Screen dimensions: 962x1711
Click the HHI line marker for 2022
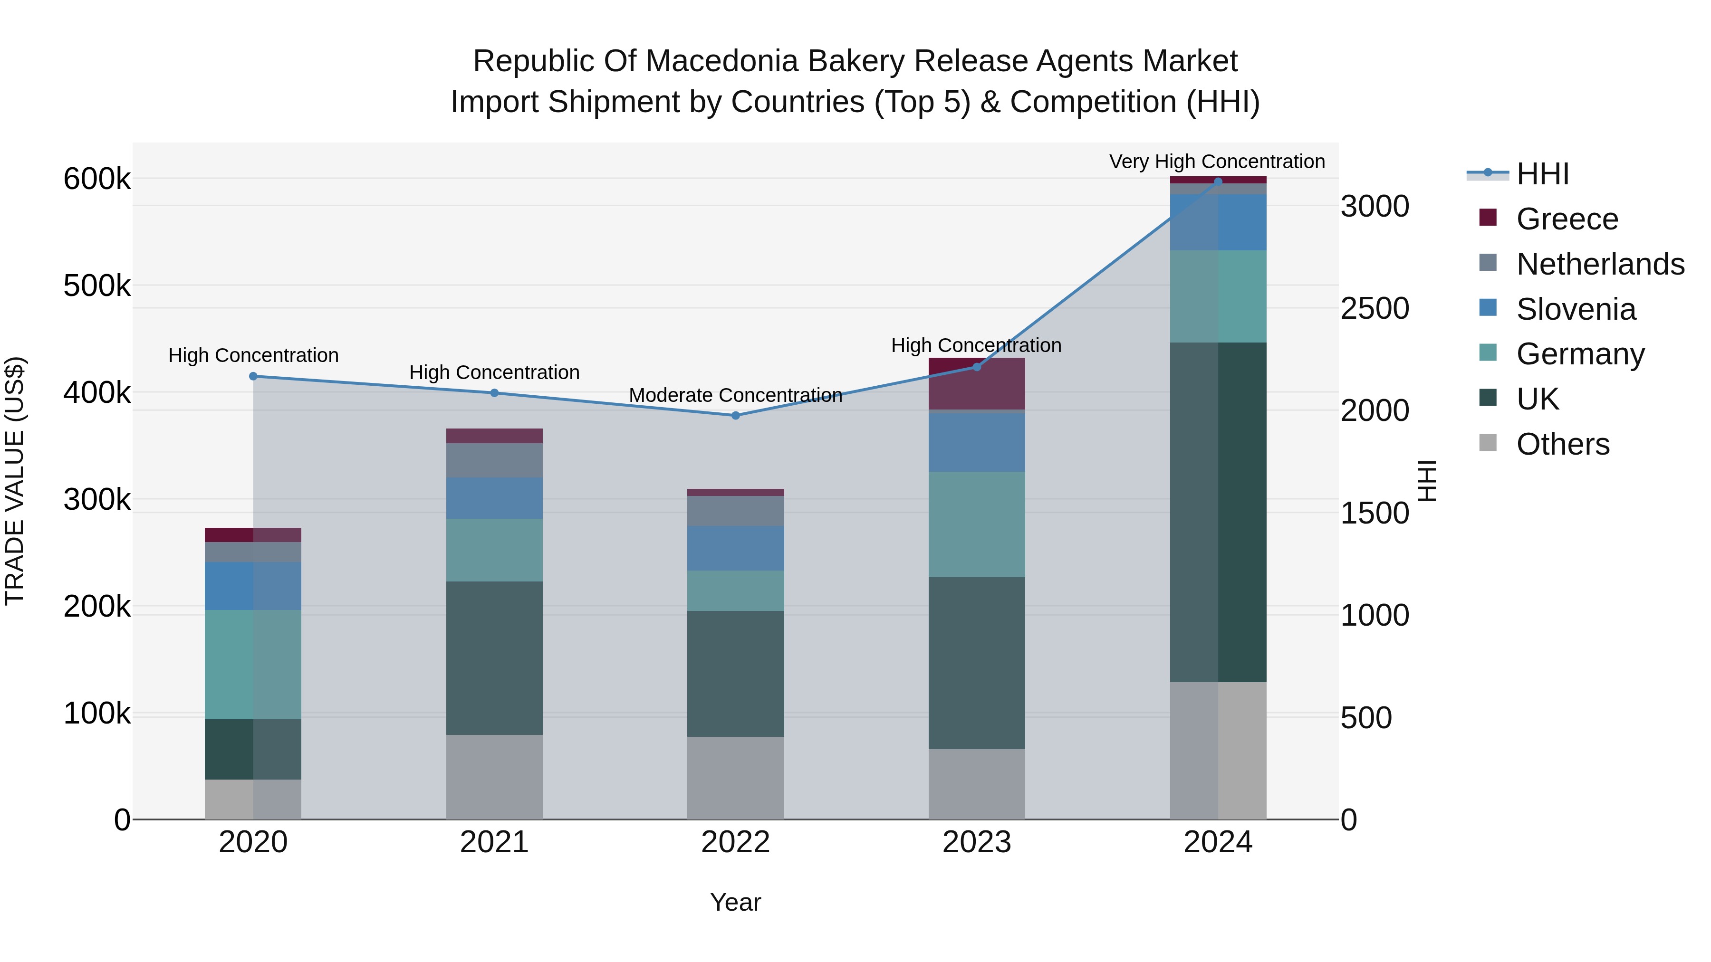coord(735,416)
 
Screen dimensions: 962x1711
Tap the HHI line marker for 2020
coord(253,376)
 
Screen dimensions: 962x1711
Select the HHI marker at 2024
coord(1218,181)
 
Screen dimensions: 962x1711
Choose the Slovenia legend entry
coord(1576,309)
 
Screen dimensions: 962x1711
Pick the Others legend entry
coord(1562,444)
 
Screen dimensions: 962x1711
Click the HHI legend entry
coord(1542,174)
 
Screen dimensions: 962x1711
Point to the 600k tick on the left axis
coord(97,179)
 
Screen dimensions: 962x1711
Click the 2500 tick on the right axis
coord(1374,309)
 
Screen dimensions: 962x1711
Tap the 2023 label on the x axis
coord(976,842)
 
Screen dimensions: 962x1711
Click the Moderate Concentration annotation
coord(735,396)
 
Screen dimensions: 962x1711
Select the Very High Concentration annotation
coord(1217,162)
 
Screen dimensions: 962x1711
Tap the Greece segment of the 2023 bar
coord(976,384)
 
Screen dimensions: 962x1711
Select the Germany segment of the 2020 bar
coord(253,664)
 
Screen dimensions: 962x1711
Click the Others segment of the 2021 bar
coord(494,777)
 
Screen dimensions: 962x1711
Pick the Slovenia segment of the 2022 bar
coord(735,548)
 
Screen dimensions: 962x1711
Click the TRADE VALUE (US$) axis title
coord(15,481)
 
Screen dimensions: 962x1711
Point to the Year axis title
coord(735,902)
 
